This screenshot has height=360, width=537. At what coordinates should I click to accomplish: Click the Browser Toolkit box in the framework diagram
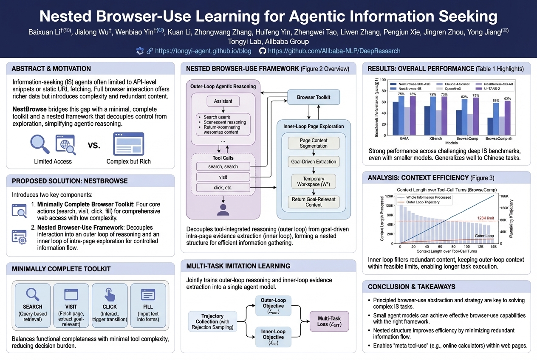[314, 98]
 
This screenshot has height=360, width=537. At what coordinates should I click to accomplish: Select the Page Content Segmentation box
[314, 143]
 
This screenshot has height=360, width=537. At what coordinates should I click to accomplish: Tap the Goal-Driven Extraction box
[314, 162]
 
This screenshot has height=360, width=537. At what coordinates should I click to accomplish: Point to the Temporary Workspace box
[314, 182]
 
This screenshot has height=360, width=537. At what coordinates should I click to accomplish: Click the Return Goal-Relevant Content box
[314, 202]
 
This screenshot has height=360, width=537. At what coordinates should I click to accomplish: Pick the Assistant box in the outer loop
[223, 101]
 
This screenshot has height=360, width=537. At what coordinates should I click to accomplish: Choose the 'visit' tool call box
[223, 177]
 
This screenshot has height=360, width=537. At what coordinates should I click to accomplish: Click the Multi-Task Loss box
[329, 321]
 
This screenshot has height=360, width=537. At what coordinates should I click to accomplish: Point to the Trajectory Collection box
[212, 321]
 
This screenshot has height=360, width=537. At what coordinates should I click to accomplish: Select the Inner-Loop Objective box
[273, 337]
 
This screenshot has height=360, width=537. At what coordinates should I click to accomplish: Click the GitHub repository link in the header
[334, 51]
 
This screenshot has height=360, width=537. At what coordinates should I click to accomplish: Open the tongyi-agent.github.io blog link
[203, 51]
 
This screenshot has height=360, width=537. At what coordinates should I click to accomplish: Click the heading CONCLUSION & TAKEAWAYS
[412, 287]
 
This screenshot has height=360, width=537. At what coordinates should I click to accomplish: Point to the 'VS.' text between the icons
[94, 145]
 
